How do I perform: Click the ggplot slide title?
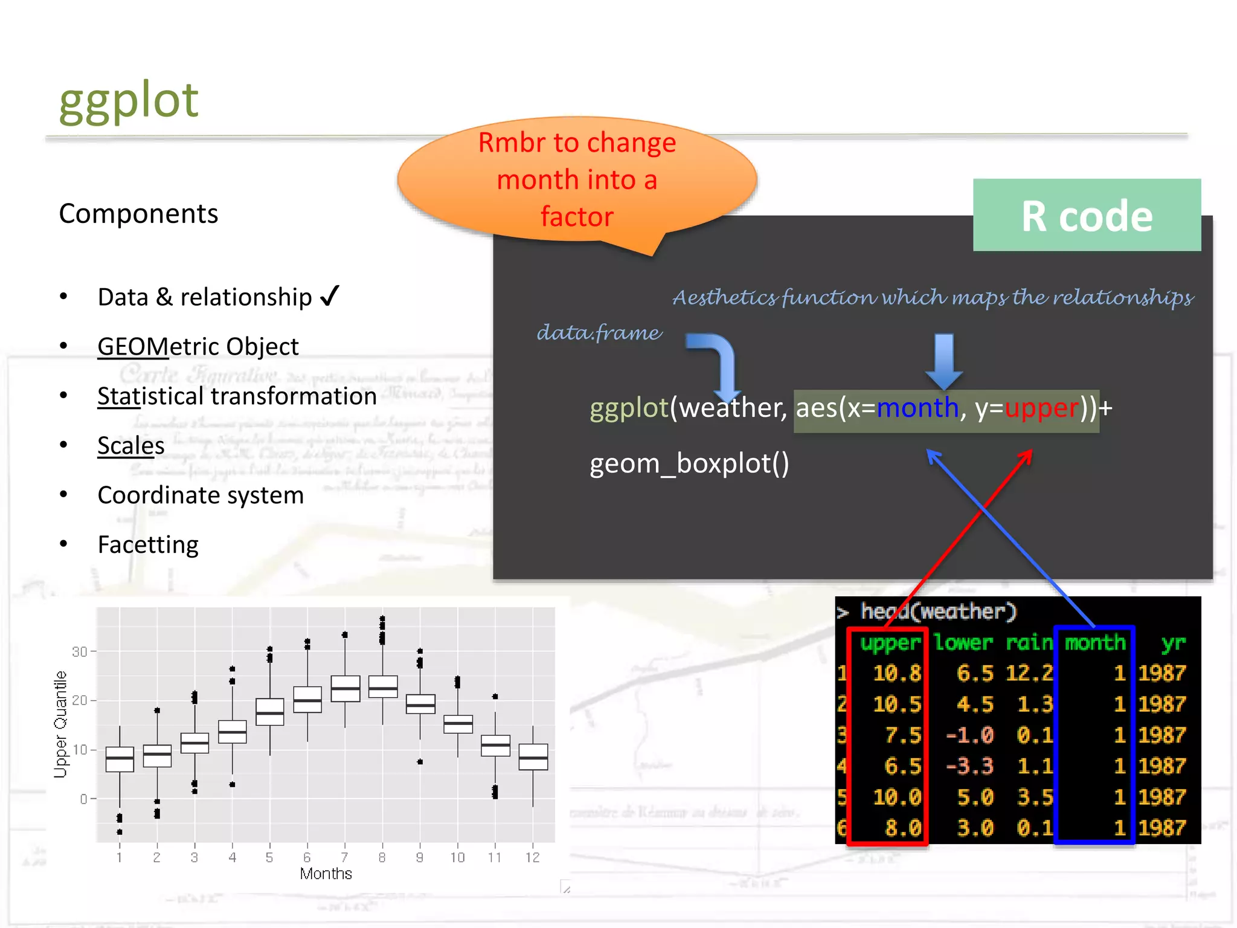point(128,100)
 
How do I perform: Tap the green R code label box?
point(1086,216)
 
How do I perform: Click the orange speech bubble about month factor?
point(577,180)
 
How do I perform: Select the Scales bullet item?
point(131,446)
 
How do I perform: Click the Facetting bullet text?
point(148,545)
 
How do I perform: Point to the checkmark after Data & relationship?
point(329,297)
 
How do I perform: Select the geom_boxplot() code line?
point(689,464)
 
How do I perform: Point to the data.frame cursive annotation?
point(599,333)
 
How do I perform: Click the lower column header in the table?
point(963,642)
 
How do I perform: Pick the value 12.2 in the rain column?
point(1029,673)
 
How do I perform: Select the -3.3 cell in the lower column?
point(969,766)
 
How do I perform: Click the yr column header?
point(1173,642)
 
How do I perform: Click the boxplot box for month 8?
point(383,687)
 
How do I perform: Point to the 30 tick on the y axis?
point(79,652)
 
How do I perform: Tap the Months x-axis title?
point(326,874)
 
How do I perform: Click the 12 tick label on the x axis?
point(532,857)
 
